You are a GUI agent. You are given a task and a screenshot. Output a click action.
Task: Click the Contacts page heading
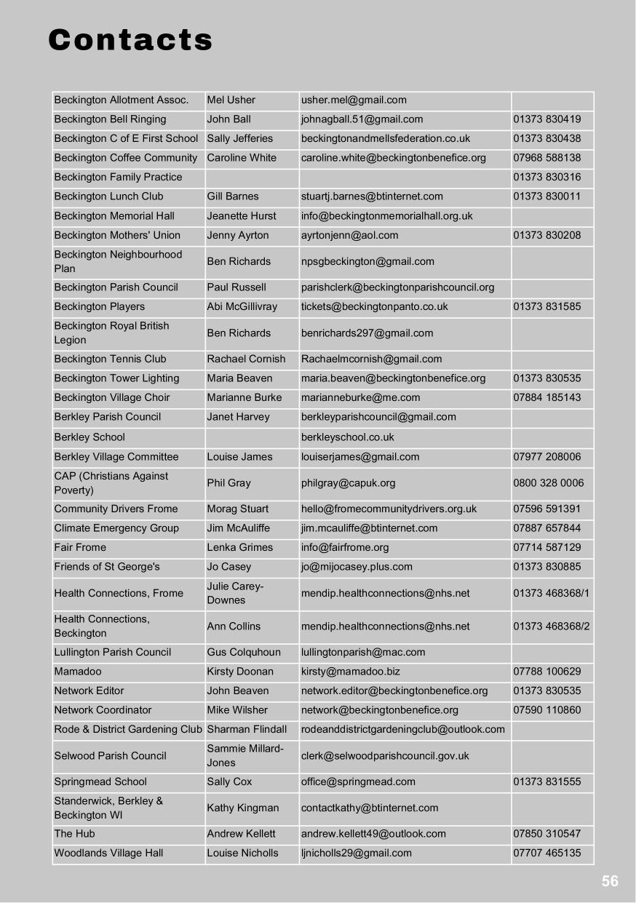pos(130,40)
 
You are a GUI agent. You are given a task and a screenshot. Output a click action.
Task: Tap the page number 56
pos(610,881)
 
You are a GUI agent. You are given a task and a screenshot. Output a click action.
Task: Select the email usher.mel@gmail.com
pos(354,100)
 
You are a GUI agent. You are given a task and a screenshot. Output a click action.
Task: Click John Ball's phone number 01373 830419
pos(546,119)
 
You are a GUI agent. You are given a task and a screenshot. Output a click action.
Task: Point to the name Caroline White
pos(242,158)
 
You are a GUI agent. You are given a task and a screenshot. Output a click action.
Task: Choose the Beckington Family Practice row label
pos(118,178)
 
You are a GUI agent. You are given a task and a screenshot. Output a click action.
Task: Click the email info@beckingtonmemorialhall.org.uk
pos(386,216)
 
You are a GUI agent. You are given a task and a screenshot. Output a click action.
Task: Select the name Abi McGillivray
pos(242,307)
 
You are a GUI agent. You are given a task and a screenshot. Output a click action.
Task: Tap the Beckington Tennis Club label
pos(110,359)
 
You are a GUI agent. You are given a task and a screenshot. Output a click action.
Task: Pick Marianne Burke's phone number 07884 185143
pos(546,398)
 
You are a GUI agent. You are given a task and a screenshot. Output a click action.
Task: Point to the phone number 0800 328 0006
pos(548,483)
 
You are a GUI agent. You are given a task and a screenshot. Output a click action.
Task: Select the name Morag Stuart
pos(237,509)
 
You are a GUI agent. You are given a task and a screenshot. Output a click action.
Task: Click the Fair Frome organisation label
pos(80,548)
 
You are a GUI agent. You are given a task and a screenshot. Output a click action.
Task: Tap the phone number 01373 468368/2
pos(551,626)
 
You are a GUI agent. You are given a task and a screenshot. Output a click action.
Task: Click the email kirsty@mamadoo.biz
pos(350,672)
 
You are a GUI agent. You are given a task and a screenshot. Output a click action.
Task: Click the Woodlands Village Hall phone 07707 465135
pos(546,854)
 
